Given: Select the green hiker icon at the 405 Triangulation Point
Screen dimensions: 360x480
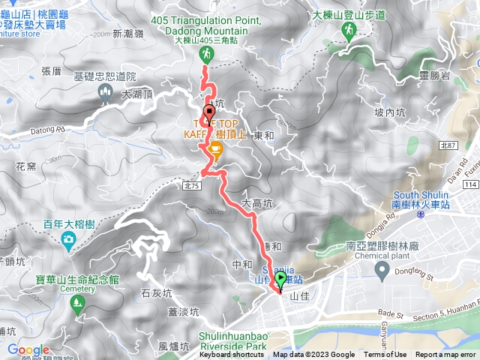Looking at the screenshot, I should tap(205, 54).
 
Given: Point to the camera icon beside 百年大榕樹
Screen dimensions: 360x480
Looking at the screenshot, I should tap(67, 240).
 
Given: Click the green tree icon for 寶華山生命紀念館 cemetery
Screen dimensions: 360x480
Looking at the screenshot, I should tap(76, 303).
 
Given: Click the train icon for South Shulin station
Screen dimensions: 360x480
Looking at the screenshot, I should tap(421, 214).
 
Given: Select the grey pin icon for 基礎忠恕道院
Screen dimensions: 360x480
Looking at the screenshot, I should tap(104, 91).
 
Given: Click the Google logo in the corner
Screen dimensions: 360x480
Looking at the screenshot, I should tap(28, 349).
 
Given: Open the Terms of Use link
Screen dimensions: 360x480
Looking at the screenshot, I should tap(385, 355).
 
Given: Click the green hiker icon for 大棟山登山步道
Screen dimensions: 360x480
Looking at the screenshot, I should tap(349, 30).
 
